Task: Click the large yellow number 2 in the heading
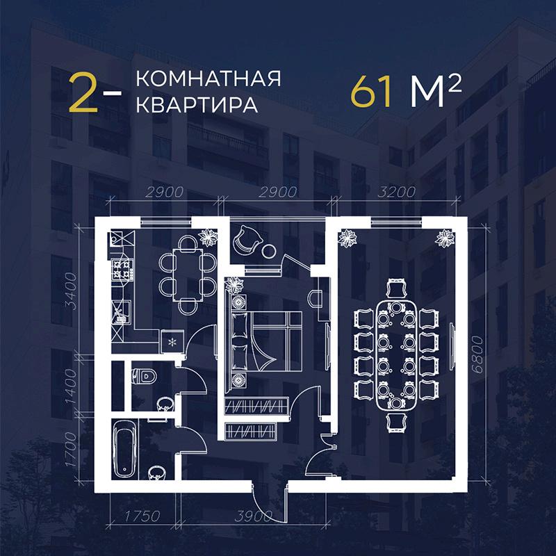click(x=83, y=93)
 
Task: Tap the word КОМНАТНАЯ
click(x=208, y=79)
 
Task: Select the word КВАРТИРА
click(x=197, y=105)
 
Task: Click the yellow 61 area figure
click(x=371, y=92)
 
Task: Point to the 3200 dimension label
click(x=396, y=192)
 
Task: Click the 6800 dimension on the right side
click(x=478, y=354)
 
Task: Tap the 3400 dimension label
click(x=71, y=291)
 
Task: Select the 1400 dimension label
click(x=71, y=386)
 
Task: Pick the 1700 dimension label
click(x=71, y=449)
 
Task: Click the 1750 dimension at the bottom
click(x=142, y=516)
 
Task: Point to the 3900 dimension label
click(x=254, y=516)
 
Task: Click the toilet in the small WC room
click(x=144, y=376)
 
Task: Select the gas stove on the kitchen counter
click(x=122, y=270)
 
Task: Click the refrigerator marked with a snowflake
click(x=172, y=341)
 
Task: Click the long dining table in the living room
click(x=396, y=356)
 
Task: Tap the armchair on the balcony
click(x=247, y=240)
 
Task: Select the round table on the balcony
click(x=268, y=252)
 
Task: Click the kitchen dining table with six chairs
click(x=188, y=275)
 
